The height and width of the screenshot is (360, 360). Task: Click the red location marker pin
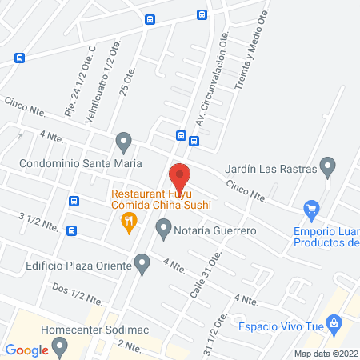point(180,177)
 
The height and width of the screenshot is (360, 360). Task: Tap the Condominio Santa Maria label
point(80,163)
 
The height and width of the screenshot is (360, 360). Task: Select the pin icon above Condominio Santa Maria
point(123,143)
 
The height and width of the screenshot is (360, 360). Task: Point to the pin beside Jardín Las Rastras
point(326,166)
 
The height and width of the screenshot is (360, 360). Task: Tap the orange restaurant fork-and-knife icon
point(128,226)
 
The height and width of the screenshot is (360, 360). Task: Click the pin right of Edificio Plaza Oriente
point(142,262)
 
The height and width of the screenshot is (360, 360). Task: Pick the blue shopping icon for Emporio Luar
point(311,210)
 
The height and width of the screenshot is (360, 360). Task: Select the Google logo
point(27,350)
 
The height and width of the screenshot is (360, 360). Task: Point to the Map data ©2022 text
point(325,353)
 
